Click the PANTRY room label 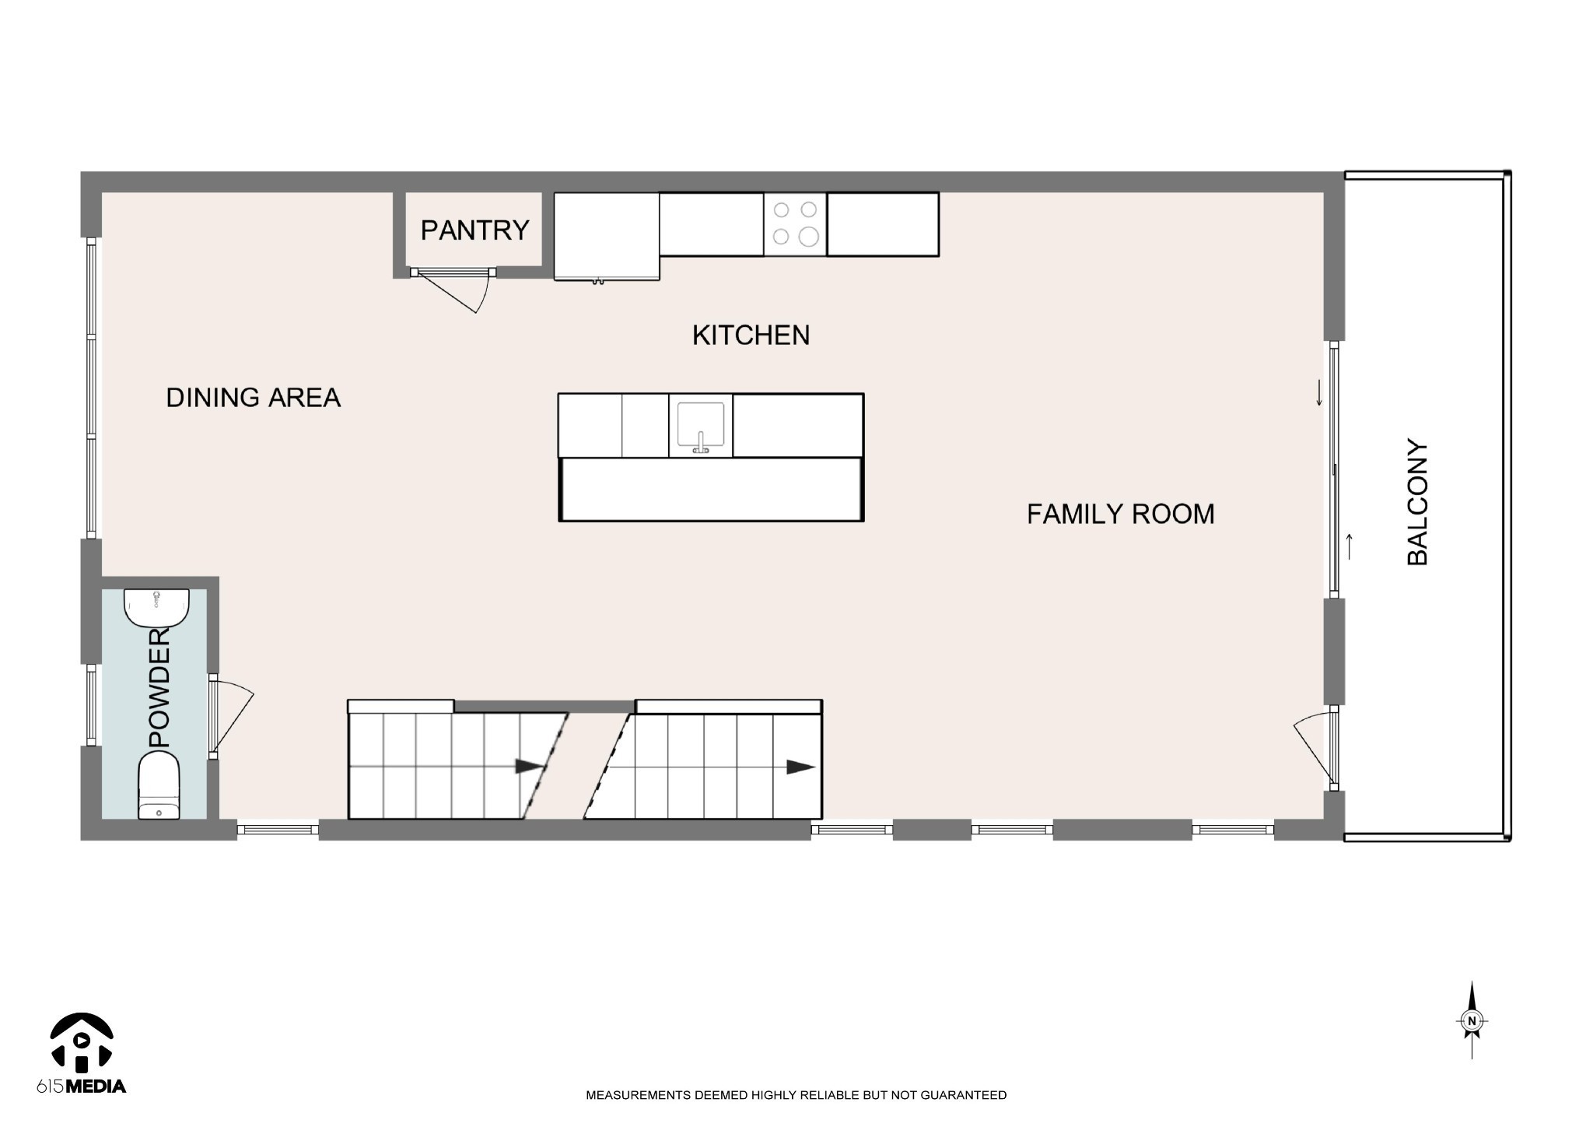click(x=474, y=230)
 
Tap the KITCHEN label click(x=751, y=335)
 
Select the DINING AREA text click(x=254, y=398)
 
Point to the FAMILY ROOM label click(x=1120, y=514)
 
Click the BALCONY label click(x=1418, y=503)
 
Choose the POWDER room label click(x=159, y=688)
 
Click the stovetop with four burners click(x=795, y=224)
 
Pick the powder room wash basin click(x=156, y=608)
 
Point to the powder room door click(x=232, y=717)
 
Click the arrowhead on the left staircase click(x=530, y=767)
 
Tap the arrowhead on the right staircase click(x=800, y=767)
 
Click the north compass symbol click(x=1472, y=1021)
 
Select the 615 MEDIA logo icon click(x=82, y=1041)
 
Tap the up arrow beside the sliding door click(x=1350, y=546)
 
